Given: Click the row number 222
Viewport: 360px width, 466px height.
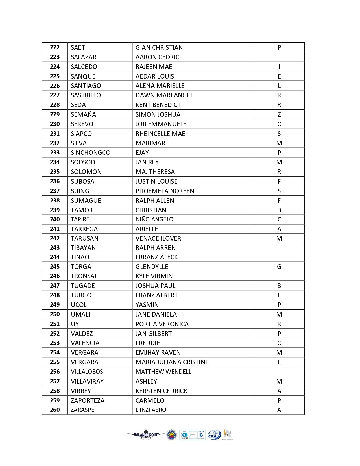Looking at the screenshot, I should (55, 47).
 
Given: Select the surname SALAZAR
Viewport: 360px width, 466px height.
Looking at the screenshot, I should (84, 57).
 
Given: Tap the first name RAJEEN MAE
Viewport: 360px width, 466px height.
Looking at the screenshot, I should (154, 67).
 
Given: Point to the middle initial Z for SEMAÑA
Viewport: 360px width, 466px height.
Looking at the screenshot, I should (279, 114).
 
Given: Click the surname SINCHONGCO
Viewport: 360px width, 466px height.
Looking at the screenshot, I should (91, 153).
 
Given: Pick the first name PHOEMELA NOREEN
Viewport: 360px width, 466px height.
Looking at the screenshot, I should (165, 191).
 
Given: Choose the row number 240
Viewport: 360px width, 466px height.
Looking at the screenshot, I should (55, 219).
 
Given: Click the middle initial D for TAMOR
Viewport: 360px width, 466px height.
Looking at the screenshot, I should (279, 210).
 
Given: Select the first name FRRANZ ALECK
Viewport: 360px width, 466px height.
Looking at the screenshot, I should (157, 257).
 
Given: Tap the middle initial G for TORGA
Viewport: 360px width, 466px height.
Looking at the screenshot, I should (279, 267).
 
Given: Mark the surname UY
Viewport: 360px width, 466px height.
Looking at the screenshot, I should (75, 324).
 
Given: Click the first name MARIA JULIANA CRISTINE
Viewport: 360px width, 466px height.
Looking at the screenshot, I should (172, 362).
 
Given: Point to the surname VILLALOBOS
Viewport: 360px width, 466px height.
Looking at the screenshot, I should (87, 372).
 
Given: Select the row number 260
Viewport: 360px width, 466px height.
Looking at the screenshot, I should (55, 410).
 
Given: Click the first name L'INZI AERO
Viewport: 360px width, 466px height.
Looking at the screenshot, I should (151, 410).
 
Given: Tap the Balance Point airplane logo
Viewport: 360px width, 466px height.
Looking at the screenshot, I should (146, 434).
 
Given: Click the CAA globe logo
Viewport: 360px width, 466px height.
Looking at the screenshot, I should (214, 435).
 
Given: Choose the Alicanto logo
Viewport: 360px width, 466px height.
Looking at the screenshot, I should (227, 434).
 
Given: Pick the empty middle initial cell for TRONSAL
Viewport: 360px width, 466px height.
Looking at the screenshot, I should (279, 276).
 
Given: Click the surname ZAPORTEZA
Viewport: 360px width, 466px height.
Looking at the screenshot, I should (88, 400).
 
